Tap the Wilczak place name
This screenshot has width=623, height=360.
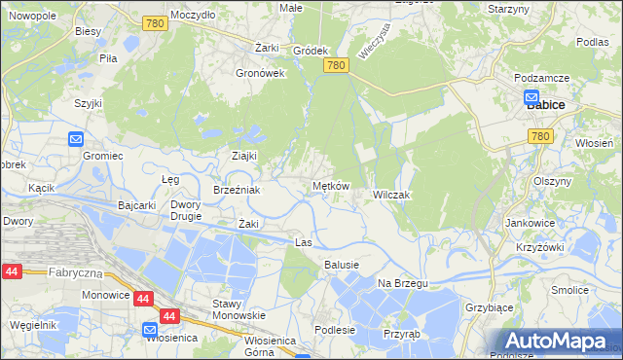pos(393,195)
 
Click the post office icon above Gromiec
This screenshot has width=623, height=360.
pos(77,139)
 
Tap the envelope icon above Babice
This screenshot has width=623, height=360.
pos(531,97)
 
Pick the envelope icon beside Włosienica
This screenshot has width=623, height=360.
pos(150,329)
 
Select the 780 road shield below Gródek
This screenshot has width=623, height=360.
pos(336,65)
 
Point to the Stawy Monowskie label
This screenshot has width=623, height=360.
pos(238,309)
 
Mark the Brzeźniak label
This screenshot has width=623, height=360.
pos(237,190)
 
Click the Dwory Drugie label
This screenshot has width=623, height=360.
pos(185,210)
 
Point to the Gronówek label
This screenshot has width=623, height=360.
pos(260,72)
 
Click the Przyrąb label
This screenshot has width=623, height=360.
pos(401,331)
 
